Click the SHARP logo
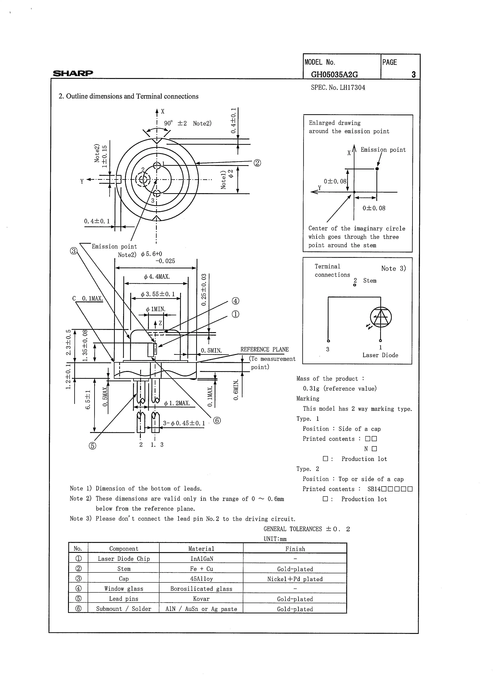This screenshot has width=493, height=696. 73,73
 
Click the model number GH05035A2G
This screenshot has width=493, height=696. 334,74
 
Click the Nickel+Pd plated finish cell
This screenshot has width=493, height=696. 295,579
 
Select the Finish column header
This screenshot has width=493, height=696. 295,549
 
